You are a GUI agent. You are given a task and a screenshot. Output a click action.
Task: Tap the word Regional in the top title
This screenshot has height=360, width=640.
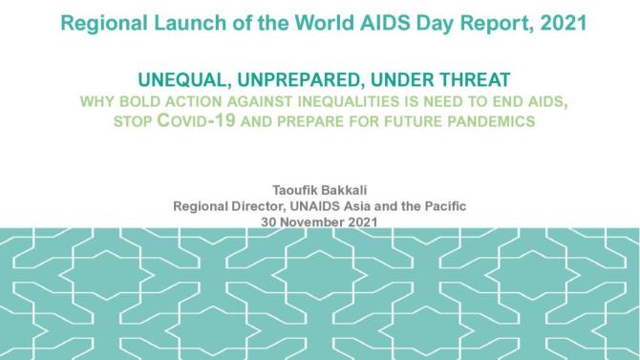(x=99, y=22)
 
